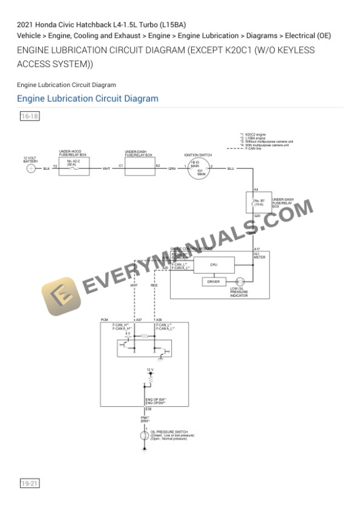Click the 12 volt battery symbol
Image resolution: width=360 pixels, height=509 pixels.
pos(31,169)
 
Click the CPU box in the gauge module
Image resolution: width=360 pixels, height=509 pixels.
pos(214,265)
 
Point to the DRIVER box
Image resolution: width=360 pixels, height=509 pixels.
pos(214,282)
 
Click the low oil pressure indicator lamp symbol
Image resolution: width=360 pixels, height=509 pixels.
pos(239,282)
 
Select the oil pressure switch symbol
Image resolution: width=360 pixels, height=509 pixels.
pos(145,436)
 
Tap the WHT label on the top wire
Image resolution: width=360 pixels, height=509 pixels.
pos(106,169)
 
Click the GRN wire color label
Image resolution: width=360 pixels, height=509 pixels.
pos(172,169)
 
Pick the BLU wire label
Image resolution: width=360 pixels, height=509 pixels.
pos(231,169)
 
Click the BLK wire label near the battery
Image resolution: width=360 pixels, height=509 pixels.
pos(46,169)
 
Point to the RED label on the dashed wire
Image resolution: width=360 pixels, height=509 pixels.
pos(154,286)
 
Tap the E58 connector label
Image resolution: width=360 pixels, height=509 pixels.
pos(148,408)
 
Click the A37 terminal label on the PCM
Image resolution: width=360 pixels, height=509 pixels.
pos(139,320)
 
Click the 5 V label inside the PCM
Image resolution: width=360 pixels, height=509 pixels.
pos(128,333)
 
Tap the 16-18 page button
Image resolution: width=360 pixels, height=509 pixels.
pos(29,116)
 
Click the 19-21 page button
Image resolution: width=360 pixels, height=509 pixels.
pos(29,484)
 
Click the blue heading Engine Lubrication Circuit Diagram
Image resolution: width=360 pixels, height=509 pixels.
pos(88,98)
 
